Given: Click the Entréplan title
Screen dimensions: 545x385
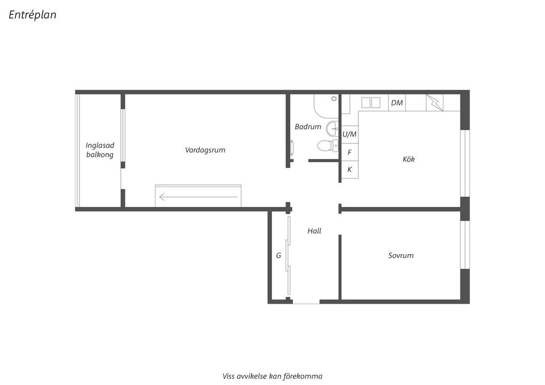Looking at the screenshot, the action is coord(32,15).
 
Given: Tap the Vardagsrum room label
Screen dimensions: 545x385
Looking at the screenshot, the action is coord(205,150).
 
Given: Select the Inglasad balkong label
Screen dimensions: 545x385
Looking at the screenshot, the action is coord(100,150).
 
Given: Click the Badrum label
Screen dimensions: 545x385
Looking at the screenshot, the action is coord(308,126).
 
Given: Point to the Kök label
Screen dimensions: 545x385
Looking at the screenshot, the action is coord(409,159).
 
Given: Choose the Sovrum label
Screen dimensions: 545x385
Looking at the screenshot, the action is coord(401,256).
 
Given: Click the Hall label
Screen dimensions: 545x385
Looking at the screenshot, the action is coord(314,231).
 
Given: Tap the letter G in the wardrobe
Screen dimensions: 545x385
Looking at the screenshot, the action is coord(278,256).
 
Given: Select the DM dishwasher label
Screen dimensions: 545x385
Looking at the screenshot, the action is coord(397,103).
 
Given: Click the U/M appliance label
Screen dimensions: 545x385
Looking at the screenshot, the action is coord(349,134).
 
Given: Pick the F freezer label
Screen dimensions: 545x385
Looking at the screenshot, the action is coord(350,153).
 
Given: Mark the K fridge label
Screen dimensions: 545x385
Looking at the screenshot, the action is coord(350,170).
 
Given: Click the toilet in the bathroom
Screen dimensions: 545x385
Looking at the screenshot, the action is coord(328,146).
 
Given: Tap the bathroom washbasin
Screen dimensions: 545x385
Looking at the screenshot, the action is coord(333,129).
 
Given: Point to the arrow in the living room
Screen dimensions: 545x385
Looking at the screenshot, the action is coord(199,197).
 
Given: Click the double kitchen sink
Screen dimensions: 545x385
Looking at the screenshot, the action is coord(371,103).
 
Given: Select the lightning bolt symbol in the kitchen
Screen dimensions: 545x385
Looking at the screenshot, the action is coord(435,103).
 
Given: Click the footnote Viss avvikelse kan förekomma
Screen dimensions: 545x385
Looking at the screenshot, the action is coord(272,376).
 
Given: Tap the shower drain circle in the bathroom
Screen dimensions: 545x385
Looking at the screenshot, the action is coord(334,99).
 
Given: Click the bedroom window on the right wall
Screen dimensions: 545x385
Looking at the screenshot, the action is coord(465,245).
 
